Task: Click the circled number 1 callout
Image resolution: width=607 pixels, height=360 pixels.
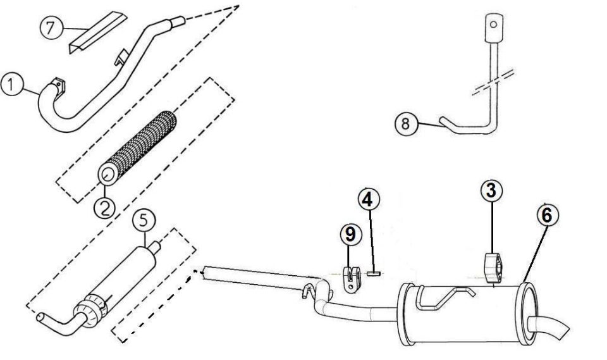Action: pos(12,85)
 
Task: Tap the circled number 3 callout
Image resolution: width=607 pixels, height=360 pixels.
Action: pos(492,190)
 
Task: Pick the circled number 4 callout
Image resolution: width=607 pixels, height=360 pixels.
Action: pos(369,199)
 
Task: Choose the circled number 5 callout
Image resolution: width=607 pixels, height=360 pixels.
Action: pos(144,221)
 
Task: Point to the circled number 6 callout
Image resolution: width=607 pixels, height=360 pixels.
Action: pos(548,216)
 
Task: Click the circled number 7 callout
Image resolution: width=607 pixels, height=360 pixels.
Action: pos(51,28)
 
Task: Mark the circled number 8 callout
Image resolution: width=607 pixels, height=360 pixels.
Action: pos(406,124)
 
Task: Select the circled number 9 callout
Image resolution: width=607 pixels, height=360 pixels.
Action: pos(351,235)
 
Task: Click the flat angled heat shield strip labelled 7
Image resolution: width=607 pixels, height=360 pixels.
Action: pos(97,32)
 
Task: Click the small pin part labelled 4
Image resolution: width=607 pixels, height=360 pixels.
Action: pos(374,273)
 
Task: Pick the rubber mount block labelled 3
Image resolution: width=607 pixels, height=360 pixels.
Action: pos(493,268)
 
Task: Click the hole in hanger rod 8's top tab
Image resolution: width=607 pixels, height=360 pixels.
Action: pos(493,25)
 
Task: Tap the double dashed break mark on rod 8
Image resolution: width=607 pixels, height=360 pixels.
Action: pos(493,82)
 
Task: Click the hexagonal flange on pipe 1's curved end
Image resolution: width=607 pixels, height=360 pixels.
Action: pos(58,86)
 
